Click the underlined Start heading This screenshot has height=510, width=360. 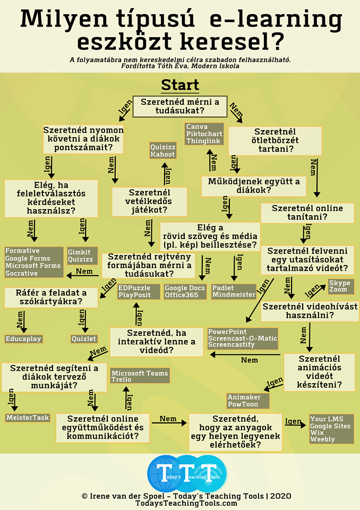point(180,85)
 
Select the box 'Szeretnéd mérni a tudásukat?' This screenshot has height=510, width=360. point(179,106)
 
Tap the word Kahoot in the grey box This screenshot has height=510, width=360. point(162,154)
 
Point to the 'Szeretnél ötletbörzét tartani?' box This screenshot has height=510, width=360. point(275,140)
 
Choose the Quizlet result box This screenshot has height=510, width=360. point(84,338)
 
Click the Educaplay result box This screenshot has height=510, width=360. point(23,338)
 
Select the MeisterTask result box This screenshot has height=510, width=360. point(28,418)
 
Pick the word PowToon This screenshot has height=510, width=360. point(244,404)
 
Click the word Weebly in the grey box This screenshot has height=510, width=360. point(323,439)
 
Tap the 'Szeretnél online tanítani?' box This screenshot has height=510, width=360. point(307,213)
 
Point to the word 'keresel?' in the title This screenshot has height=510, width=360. point(234,41)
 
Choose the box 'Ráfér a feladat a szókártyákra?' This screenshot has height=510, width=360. point(51,297)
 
